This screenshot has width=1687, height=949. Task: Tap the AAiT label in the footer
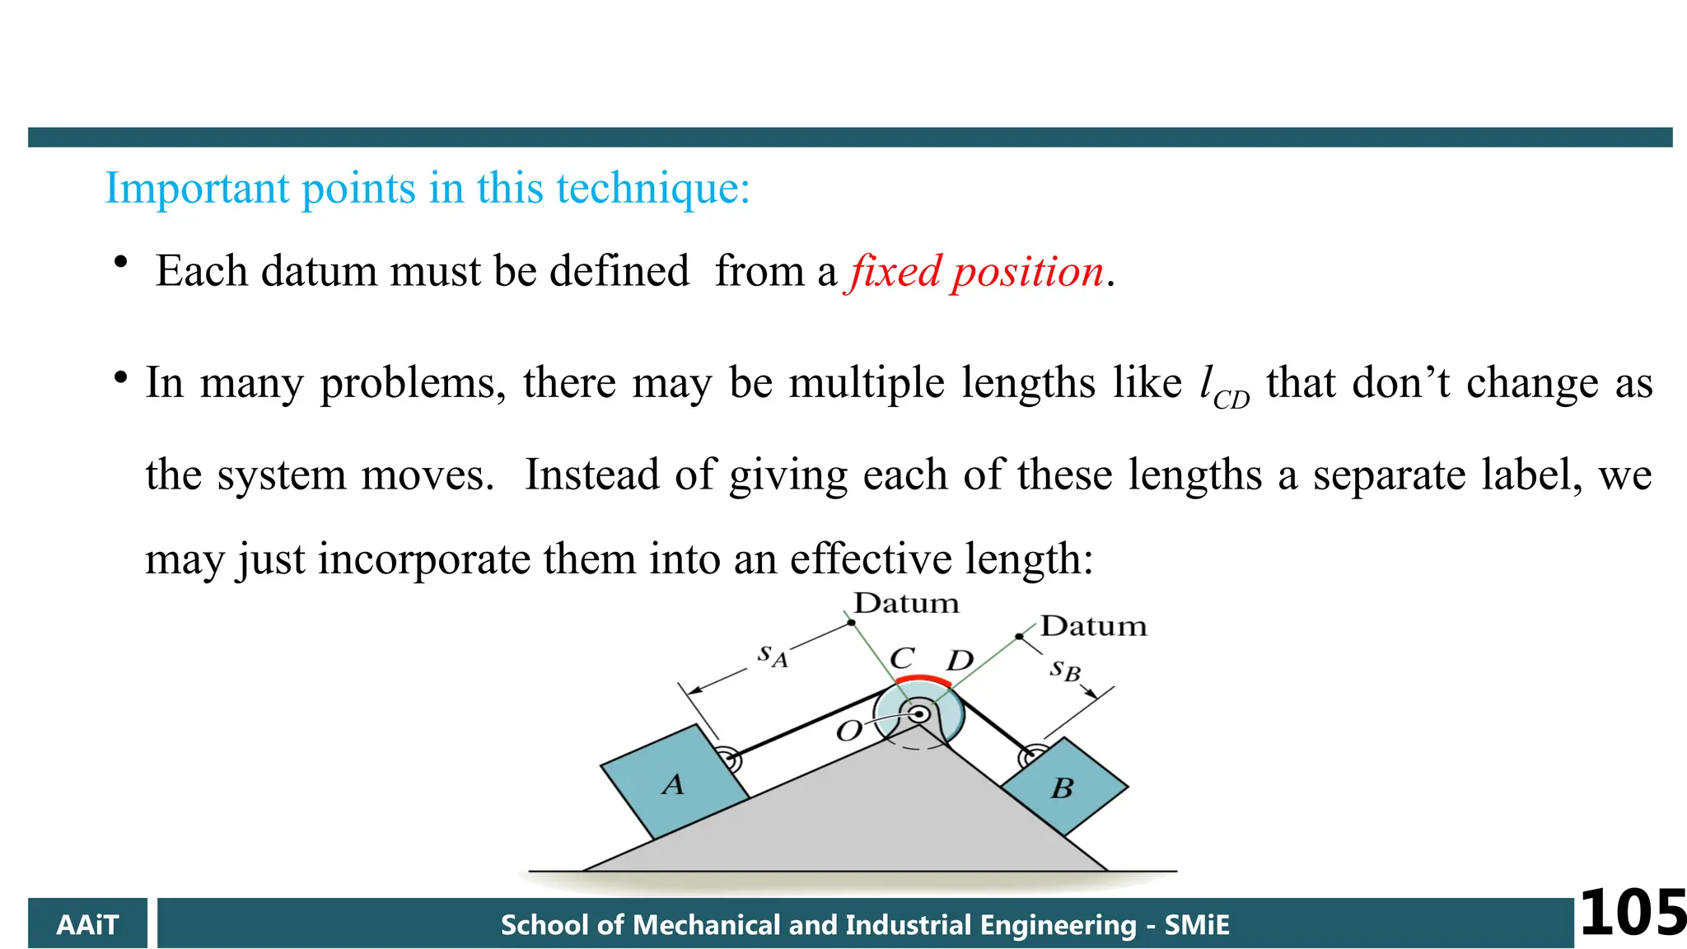(87, 924)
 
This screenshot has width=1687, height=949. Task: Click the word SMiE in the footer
(1197, 924)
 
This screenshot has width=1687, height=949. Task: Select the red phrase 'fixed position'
(977, 272)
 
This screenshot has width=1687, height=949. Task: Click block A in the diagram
(674, 783)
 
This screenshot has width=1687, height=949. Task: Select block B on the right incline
(1063, 788)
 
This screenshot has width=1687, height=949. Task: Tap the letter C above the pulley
(902, 658)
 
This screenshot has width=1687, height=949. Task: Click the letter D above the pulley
(960, 661)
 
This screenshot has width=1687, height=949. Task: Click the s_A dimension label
(773, 656)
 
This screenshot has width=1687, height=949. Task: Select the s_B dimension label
(1064, 671)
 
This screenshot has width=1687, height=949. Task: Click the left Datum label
(906, 604)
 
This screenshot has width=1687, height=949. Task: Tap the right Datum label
(1093, 626)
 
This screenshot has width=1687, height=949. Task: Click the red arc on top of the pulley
(923, 680)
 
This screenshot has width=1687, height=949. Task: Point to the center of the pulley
(918, 713)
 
